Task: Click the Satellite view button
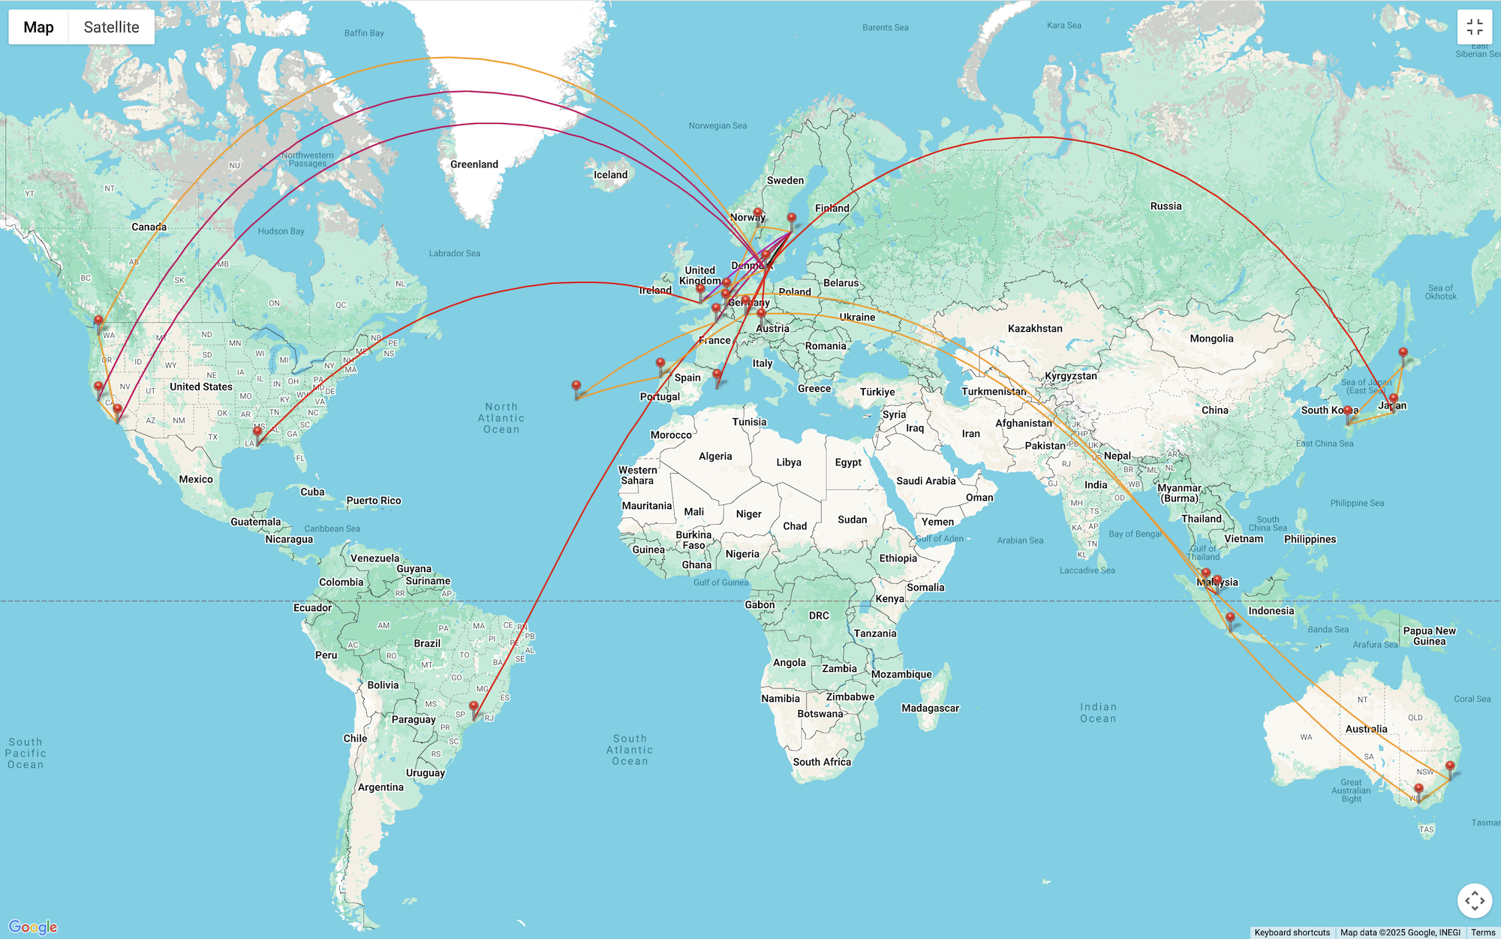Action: click(111, 27)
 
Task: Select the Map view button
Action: click(38, 27)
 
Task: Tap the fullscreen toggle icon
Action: click(1474, 27)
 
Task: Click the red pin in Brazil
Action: click(474, 708)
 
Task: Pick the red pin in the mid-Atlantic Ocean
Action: click(576, 387)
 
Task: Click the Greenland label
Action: click(474, 164)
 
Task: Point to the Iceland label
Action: click(610, 175)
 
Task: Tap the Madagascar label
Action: click(930, 708)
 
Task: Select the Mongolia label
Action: click(1211, 339)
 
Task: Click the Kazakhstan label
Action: click(1035, 329)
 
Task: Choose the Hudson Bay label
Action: click(281, 231)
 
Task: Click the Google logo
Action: click(33, 927)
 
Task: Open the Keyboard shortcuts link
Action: click(1292, 932)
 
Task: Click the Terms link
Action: click(1483, 932)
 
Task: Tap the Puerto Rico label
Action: click(373, 501)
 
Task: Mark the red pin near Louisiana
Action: click(257, 433)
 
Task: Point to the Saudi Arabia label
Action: click(925, 481)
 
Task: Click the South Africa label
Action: click(822, 762)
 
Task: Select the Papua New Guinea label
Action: click(1429, 636)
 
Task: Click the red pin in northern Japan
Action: click(1403, 354)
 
